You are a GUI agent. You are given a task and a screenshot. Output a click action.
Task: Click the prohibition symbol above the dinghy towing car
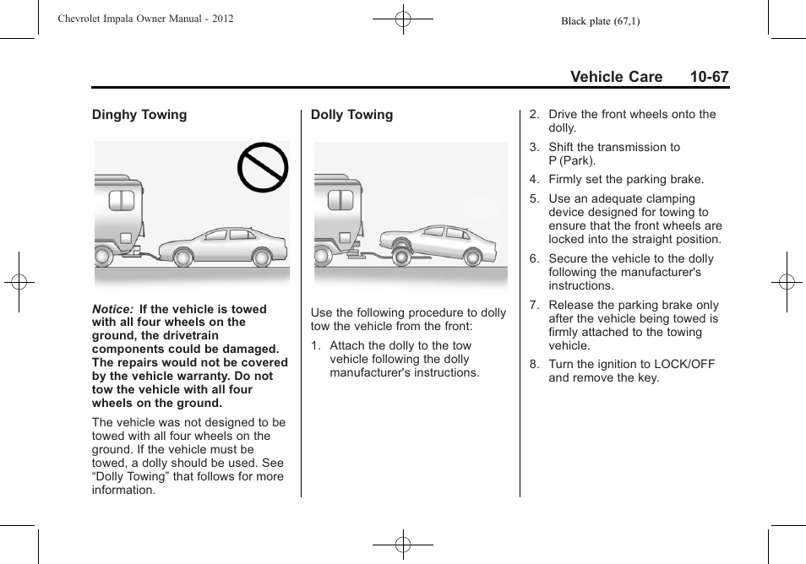pos(263,168)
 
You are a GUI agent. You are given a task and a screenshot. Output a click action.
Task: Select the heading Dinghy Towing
pos(139,115)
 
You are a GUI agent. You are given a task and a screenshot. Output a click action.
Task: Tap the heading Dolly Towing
pos(351,115)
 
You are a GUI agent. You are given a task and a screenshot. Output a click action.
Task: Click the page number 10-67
pos(708,77)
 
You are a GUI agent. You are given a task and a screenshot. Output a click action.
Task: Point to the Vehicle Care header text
pos(616,77)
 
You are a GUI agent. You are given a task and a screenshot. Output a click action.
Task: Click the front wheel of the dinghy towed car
pos(182,255)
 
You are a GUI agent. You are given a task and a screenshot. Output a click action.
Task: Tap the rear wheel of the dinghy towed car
pos(263,255)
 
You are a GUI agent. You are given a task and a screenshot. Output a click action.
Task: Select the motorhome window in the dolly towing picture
pos(340,200)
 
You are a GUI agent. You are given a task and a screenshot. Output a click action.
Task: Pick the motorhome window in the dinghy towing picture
pos(121,200)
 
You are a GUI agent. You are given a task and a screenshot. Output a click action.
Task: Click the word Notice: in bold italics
pos(113,309)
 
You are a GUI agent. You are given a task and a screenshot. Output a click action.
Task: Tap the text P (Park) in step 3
pos(572,160)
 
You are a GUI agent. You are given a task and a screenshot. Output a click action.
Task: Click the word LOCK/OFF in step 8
pos(684,365)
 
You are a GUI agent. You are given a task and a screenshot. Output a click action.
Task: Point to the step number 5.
pos(534,199)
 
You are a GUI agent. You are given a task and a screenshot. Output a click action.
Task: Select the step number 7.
pos(534,306)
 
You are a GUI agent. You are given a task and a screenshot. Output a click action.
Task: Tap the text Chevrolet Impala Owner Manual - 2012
pos(145,19)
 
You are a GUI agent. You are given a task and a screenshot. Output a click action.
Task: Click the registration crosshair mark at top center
pos(403,18)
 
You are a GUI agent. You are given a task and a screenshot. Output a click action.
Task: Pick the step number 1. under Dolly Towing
pos(315,346)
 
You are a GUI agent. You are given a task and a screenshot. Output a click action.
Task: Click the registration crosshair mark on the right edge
pos(786,282)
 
